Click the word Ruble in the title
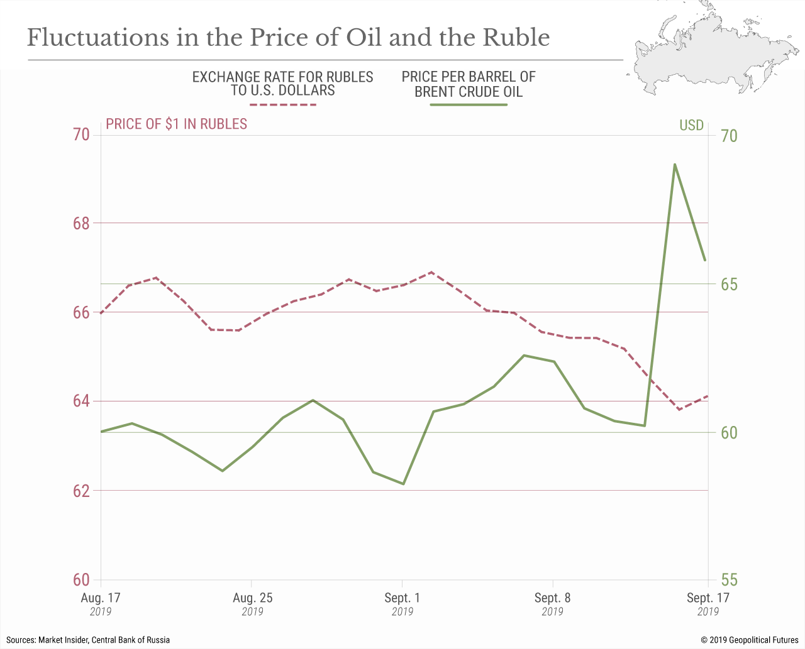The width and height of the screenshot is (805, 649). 516,38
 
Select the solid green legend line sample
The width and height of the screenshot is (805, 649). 469,105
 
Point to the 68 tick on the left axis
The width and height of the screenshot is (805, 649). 82,223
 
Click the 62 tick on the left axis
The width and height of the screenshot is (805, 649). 82,490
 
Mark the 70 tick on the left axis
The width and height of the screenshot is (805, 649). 82,134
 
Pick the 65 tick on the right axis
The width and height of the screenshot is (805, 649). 729,284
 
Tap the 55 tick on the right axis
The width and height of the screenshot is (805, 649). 729,580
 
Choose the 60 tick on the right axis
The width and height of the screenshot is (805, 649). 729,432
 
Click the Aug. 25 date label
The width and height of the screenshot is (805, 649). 253,597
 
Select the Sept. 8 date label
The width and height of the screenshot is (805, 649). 552,597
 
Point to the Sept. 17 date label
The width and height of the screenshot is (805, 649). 708,597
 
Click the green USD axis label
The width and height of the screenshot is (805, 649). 691,125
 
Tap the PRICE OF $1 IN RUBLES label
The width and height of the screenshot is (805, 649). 176,124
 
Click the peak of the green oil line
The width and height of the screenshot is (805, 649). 675,165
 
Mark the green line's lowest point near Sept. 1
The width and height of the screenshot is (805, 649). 403,484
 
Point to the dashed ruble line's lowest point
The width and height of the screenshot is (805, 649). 679,410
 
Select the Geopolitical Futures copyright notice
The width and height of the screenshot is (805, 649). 749,640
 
